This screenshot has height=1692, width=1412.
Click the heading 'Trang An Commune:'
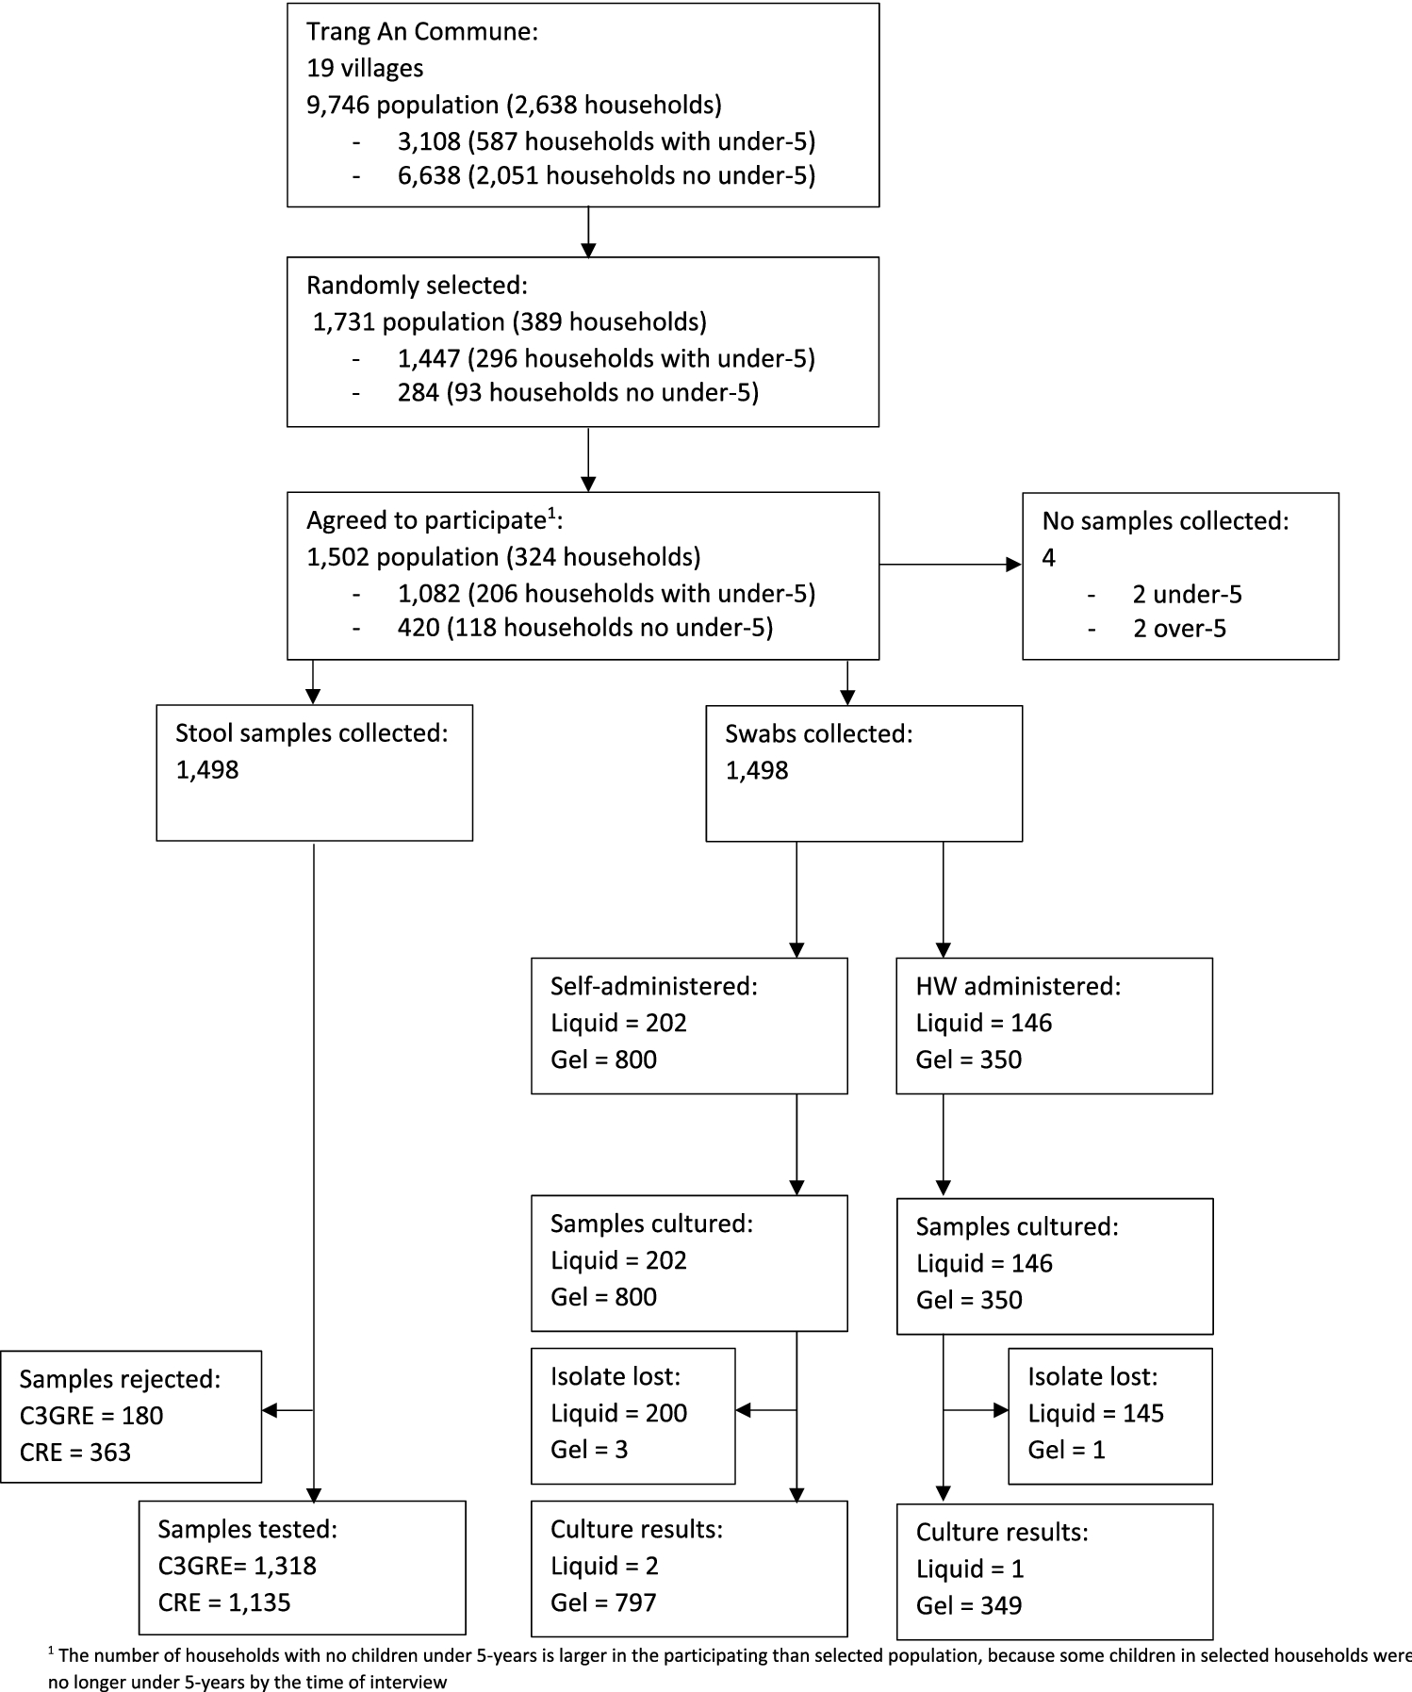pyautogui.click(x=421, y=31)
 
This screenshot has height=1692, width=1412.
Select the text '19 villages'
pyautogui.click(x=365, y=68)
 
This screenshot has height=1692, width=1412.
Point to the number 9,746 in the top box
pyautogui.click(x=337, y=105)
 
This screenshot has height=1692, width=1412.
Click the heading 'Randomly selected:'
pyautogui.click(x=417, y=285)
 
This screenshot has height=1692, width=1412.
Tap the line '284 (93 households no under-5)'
pyautogui.click(x=578, y=392)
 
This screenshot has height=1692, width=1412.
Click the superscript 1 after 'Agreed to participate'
pyautogui.click(x=551, y=515)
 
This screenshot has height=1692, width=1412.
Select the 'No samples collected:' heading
pyautogui.click(x=1165, y=520)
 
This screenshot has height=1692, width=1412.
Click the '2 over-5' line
pyautogui.click(x=1179, y=629)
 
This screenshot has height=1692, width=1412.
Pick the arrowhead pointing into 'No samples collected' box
pyautogui.click(x=1014, y=565)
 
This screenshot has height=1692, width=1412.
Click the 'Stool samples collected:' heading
pyautogui.click(x=311, y=732)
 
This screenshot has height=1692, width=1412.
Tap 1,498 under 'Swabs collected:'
pyautogui.click(x=756, y=770)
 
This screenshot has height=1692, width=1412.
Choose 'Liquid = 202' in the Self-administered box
pyautogui.click(x=618, y=1023)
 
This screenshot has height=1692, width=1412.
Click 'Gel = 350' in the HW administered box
pyautogui.click(x=968, y=1060)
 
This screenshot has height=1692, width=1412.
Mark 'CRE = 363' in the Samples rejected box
pyautogui.click(x=75, y=1452)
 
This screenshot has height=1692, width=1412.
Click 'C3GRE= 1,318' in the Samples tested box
pyautogui.click(x=237, y=1566)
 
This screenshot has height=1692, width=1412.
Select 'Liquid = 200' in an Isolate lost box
pyautogui.click(x=618, y=1413)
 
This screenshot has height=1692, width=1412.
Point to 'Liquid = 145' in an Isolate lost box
pyautogui.click(x=1095, y=1413)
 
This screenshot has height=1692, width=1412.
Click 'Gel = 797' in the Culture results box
pyautogui.click(x=603, y=1602)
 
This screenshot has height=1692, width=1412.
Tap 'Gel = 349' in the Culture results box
pyautogui.click(x=968, y=1605)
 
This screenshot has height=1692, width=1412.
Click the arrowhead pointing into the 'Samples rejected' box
pyautogui.click(x=270, y=1410)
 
